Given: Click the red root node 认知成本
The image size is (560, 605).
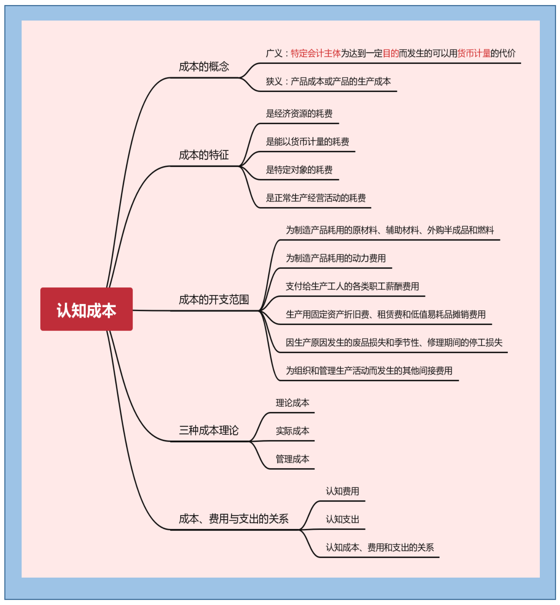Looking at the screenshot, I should tap(86, 309).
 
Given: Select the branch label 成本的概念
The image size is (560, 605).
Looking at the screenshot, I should tap(204, 67).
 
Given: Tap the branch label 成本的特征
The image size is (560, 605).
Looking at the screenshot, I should tap(204, 155).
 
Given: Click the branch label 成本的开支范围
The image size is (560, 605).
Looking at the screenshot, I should tap(214, 300).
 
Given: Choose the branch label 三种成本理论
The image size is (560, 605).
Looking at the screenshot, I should tap(209, 430).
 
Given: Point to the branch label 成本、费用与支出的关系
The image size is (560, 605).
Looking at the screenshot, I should tap(234, 519).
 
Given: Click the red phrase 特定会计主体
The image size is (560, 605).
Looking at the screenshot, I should tap(316, 53).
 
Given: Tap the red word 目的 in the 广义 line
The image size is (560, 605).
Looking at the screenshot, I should tap(391, 53).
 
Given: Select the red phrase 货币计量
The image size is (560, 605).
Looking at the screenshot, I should tap(474, 53).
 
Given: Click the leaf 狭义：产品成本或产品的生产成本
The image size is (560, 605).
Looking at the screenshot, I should tap(328, 81).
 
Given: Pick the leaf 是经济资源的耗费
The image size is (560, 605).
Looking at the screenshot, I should tap(299, 114).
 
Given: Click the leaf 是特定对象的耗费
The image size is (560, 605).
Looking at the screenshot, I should tap(299, 170).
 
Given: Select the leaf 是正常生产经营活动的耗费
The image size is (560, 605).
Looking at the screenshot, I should tap(316, 198).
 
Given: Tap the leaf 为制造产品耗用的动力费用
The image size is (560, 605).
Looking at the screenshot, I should tap(335, 258).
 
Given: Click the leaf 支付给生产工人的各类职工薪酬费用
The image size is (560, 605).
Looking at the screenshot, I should tap(352, 286).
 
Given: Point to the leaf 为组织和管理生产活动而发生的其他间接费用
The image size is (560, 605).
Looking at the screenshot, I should tap(369, 371).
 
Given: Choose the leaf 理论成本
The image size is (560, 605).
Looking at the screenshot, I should tap(292, 403).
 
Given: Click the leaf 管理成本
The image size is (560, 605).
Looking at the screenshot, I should tap(292, 459).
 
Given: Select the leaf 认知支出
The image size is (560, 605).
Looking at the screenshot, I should tap(342, 519).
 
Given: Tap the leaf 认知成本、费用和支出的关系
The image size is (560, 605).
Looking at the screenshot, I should tap(379, 547).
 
